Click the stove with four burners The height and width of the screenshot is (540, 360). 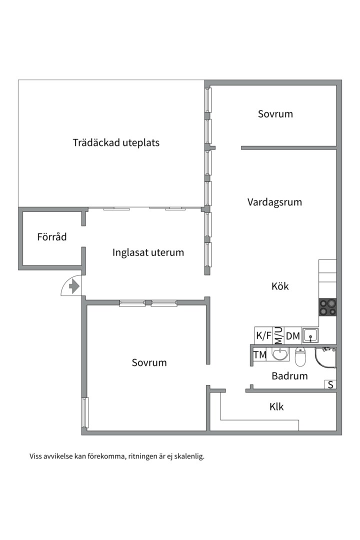[x=327, y=307]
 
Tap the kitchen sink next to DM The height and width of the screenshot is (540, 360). [x=310, y=335]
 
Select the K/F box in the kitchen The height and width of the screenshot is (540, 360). [x=263, y=336]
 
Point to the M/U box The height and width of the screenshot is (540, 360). [x=278, y=335]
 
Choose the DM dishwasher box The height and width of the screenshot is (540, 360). [x=293, y=336]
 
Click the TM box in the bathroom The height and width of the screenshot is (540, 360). [x=260, y=355]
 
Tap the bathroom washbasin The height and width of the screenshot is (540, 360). [x=279, y=354]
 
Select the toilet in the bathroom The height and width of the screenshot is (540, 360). [x=300, y=356]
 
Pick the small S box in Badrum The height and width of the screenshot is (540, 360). [x=330, y=384]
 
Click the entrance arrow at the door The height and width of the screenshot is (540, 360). [x=74, y=286]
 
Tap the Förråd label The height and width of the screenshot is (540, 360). [x=51, y=237]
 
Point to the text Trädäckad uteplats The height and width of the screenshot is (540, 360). [x=116, y=142]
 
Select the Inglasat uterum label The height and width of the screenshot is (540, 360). [x=148, y=252]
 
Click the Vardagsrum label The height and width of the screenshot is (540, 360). [x=274, y=202]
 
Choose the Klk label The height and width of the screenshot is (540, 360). [x=276, y=406]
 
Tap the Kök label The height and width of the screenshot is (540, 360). [x=280, y=286]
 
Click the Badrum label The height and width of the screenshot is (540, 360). [x=289, y=376]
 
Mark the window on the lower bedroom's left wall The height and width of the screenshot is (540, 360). [x=85, y=412]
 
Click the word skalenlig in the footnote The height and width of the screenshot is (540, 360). [x=188, y=456]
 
